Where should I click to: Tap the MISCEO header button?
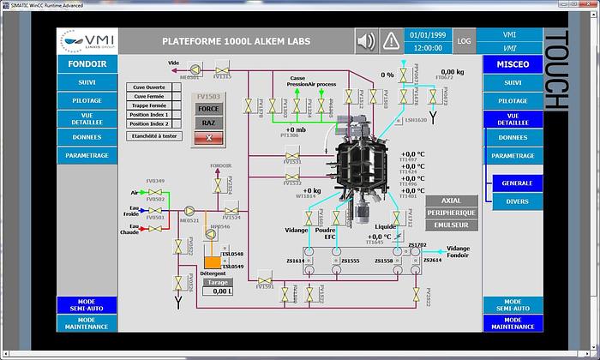click(513, 63)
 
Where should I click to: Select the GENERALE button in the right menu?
click(517, 183)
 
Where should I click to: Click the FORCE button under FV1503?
click(209, 109)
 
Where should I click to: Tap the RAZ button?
click(209, 123)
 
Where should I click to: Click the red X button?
click(209, 137)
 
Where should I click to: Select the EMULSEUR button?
click(451, 225)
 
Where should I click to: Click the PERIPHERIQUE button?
click(451, 213)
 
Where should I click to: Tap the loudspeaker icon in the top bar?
click(366, 40)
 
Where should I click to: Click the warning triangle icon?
click(392, 40)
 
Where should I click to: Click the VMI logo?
click(86, 40)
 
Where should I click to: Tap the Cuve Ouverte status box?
click(150, 87)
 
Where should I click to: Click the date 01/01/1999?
click(428, 35)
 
